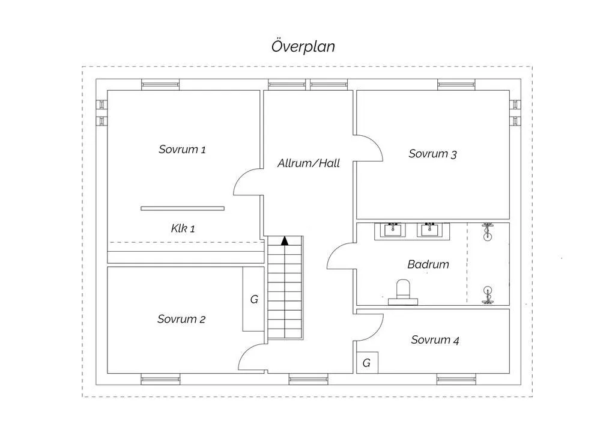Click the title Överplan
coord(303,47)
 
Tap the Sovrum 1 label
coord(182,150)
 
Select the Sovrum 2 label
coord(181,319)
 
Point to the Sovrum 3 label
coord(432,154)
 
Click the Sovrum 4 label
coord(435,340)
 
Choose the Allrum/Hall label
coord(308,163)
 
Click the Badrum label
coord(428,264)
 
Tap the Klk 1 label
coord(183,228)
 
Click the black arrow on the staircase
coord(285,241)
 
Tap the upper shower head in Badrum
coord(487,232)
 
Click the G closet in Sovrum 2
coord(253,299)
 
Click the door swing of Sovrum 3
coord(369,148)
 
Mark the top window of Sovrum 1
coord(160,85)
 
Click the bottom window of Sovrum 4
coord(456,379)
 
